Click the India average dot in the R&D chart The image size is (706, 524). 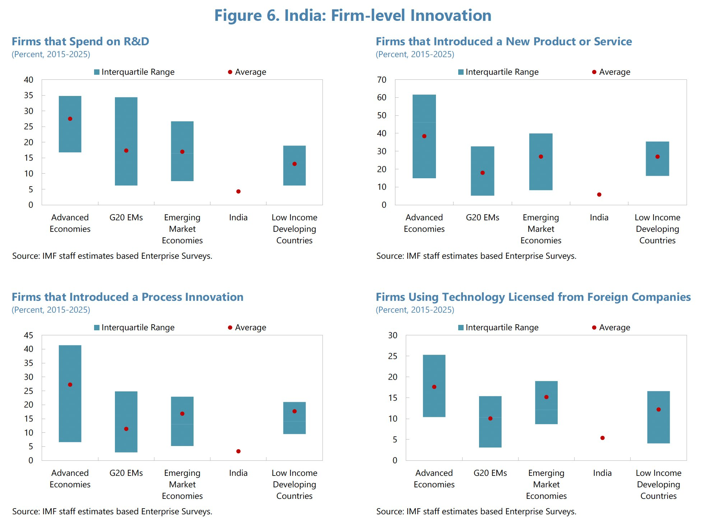coord(238,192)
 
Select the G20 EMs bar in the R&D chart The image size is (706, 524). coord(126,141)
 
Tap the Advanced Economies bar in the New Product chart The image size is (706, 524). coord(424,136)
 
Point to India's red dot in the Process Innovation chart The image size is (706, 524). coord(238,451)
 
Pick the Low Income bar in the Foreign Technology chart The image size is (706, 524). coord(658,417)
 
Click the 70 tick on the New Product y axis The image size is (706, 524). coord(382,80)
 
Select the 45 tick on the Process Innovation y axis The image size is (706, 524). coord(28,335)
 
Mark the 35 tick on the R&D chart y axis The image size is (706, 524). coord(28,95)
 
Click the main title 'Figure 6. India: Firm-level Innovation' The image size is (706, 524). coord(353,15)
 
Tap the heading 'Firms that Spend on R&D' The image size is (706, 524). coord(80,41)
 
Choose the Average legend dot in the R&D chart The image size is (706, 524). coord(230,72)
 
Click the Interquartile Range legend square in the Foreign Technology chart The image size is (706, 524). coord(461,327)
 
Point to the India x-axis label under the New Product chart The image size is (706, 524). coord(599,217)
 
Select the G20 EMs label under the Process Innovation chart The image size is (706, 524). coord(126,473)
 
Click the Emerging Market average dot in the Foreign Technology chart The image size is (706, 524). coord(546,397)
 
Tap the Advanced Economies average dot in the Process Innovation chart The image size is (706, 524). coord(70,385)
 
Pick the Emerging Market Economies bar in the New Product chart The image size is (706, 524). coord(541,162)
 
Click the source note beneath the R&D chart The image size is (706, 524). coord(112,256)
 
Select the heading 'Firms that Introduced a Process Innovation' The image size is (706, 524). coord(127,297)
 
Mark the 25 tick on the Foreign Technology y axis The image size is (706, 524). coord(393,356)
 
